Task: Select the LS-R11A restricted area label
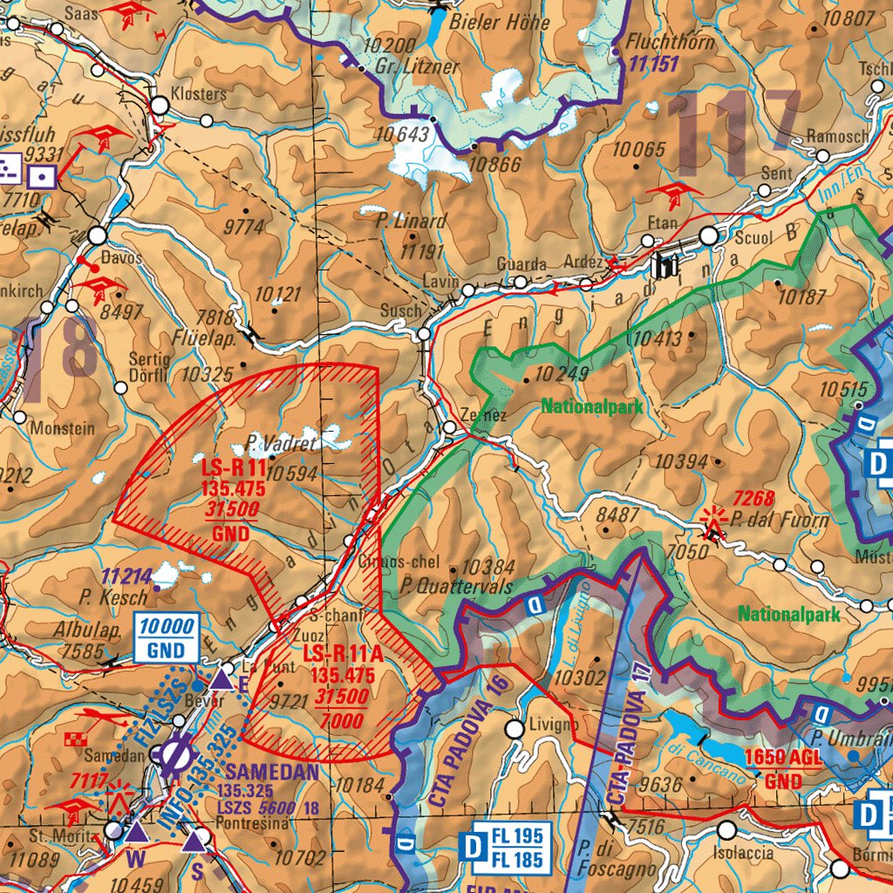point(338,654)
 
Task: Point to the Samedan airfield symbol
point(173,755)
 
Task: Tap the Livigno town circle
point(515,727)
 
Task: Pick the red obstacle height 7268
point(753,499)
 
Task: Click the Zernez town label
point(484,416)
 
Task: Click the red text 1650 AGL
point(783,757)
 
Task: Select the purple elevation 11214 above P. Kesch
point(126,577)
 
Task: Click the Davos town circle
point(97,235)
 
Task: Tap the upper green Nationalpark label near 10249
point(591,406)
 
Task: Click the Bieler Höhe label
point(500,23)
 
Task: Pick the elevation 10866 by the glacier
point(495,165)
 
